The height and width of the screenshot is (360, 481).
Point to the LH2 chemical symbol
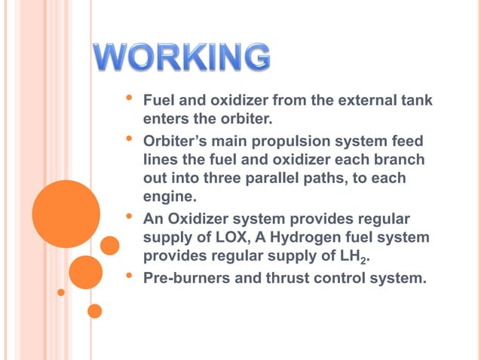pos(360,258)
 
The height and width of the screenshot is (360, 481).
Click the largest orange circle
pos(66,214)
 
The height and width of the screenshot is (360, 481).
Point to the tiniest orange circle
pos(61,291)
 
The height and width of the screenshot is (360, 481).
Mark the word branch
pos(400,160)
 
